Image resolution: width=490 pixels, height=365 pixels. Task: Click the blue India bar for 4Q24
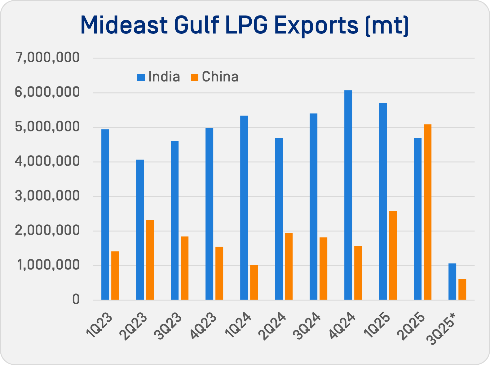(x=348, y=195)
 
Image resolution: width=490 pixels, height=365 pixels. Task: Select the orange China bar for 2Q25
(x=427, y=212)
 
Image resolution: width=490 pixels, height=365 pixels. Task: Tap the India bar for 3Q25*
(x=452, y=282)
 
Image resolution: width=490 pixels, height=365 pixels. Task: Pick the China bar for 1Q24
(x=254, y=282)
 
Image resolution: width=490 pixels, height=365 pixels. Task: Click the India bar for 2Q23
(x=140, y=230)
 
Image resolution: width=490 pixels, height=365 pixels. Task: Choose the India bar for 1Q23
(x=105, y=214)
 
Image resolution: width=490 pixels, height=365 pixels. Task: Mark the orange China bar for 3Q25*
(x=462, y=289)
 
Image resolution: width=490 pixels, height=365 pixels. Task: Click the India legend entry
(x=159, y=77)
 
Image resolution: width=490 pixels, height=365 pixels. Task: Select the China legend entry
(x=215, y=77)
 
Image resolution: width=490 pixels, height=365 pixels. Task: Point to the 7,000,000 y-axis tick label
(x=48, y=58)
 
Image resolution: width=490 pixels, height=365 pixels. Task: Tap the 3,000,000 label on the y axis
(x=48, y=196)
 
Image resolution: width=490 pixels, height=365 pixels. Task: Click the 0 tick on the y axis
(x=76, y=300)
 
